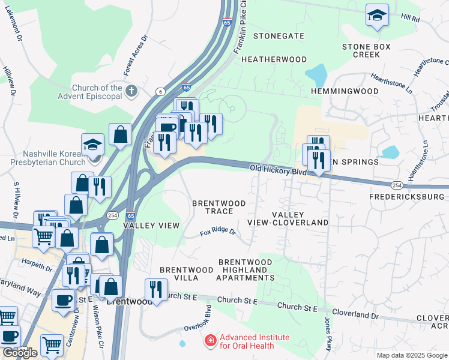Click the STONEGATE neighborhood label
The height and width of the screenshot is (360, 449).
click(x=279, y=36)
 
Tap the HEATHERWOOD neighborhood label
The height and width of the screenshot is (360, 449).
click(x=274, y=59)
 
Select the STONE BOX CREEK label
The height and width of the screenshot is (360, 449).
click(x=366, y=50)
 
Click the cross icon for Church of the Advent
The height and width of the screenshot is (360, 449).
click(x=131, y=91)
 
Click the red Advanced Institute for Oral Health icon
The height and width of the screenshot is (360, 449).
click(x=210, y=341)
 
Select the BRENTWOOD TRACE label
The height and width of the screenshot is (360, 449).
click(x=218, y=208)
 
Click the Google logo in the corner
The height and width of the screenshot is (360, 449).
click(x=20, y=353)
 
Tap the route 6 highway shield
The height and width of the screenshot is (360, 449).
click(x=160, y=91)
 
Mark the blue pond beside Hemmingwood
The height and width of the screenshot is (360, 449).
click(x=316, y=75)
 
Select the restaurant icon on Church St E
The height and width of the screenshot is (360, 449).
click(x=156, y=290)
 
